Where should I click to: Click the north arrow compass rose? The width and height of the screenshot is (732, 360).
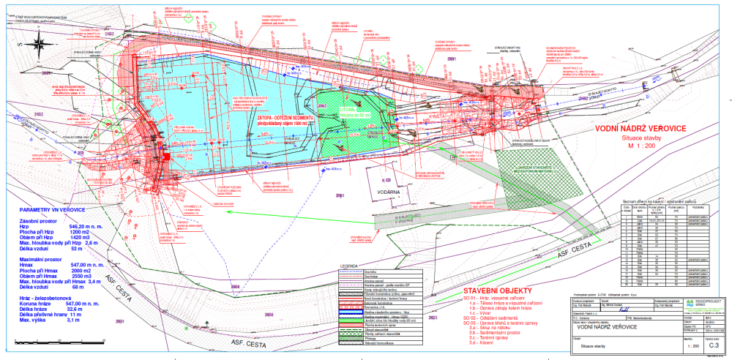pos(34,45)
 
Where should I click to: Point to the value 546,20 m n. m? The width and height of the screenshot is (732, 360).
pos(89,227)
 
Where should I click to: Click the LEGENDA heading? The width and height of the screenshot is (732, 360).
pos(345,266)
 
